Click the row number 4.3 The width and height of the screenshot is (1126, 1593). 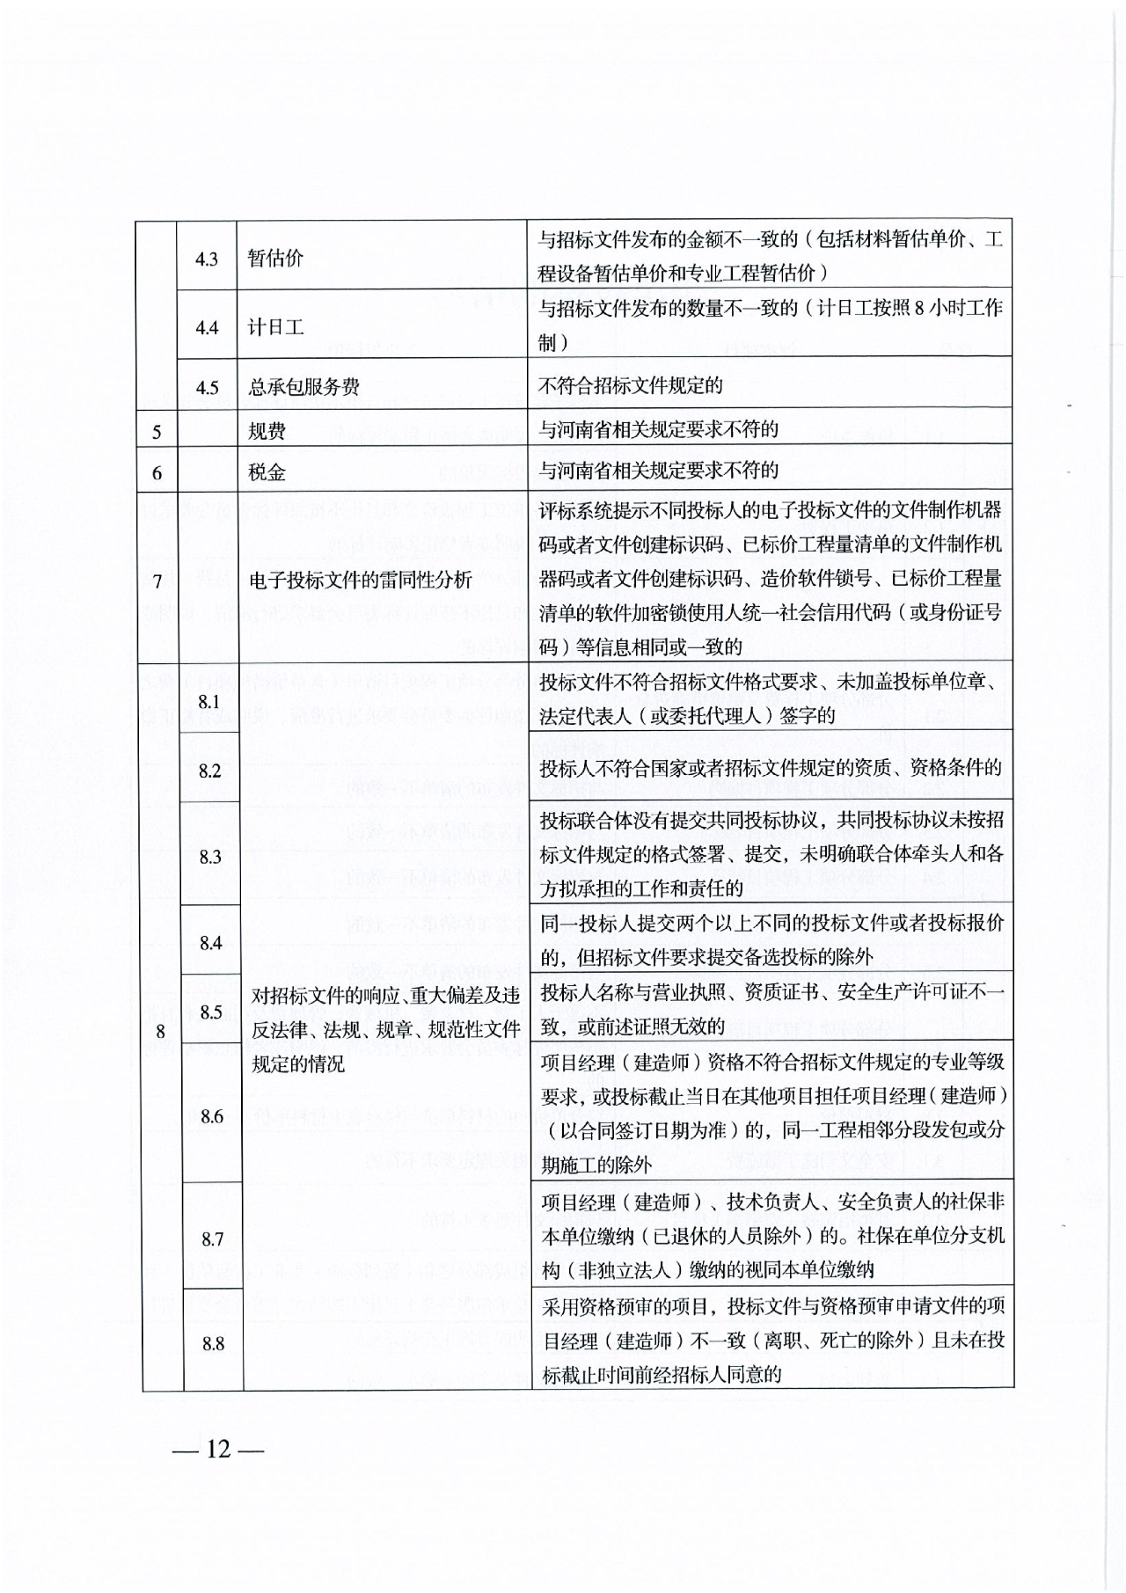(207, 259)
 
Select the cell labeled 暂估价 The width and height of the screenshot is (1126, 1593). (275, 259)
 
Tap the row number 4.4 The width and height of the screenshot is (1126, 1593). (207, 328)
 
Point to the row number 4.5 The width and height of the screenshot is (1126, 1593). (207, 388)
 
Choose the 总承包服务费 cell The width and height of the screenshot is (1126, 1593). (303, 387)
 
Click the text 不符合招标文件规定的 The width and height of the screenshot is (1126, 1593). (631, 385)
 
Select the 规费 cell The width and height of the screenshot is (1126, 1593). (267, 430)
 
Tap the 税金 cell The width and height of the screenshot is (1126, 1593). (267, 472)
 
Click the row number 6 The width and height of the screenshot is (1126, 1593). (157, 473)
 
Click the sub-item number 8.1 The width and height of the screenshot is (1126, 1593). (209, 702)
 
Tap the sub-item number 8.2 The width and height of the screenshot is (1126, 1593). (209, 771)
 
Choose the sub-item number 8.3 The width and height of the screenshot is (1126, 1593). (210, 857)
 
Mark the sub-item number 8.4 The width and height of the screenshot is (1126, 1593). (210, 944)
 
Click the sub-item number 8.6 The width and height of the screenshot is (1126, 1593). (211, 1116)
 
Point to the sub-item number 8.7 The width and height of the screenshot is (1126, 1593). (212, 1239)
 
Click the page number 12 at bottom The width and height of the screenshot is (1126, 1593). (218, 1449)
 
